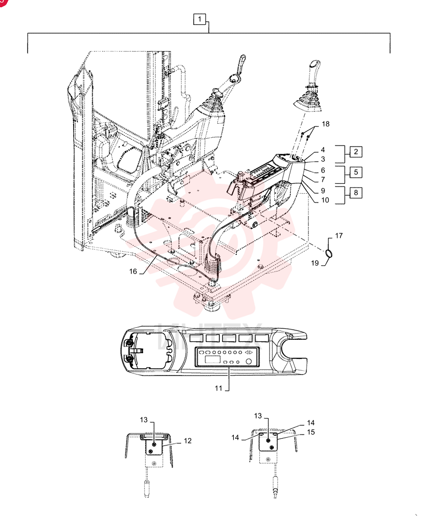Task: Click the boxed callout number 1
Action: (200, 19)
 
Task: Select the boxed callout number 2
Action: (356, 152)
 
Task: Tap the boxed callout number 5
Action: (356, 172)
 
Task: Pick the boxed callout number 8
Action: (356, 193)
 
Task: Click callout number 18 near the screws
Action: (326, 124)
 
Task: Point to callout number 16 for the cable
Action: (133, 271)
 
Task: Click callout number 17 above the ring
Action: (339, 236)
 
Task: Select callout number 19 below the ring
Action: (315, 263)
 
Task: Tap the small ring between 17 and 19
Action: (328, 253)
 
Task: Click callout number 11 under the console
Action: (218, 388)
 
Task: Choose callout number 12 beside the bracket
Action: (188, 441)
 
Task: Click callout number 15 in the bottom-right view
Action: (311, 432)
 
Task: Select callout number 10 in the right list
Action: (325, 200)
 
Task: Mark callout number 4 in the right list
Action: (323, 150)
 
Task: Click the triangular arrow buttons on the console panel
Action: (249, 352)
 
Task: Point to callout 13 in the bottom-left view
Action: (144, 420)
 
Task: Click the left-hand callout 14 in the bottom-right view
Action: (235, 437)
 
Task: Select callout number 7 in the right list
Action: (323, 180)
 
